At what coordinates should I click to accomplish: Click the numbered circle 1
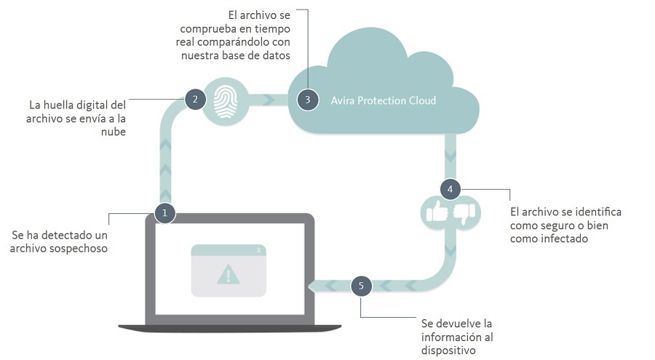[x=164, y=213]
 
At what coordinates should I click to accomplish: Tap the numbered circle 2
[x=194, y=100]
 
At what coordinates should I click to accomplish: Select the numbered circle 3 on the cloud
[x=308, y=100]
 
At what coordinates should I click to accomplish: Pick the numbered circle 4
[x=450, y=189]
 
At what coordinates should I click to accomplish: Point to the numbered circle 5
[x=361, y=286]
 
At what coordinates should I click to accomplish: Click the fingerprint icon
[x=227, y=100]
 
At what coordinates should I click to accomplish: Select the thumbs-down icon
[x=463, y=212]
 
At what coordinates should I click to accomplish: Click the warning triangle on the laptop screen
[x=228, y=275]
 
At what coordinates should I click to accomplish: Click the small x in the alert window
[x=258, y=250]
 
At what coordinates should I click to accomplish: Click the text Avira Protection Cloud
[x=384, y=100]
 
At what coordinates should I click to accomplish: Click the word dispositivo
[x=449, y=351]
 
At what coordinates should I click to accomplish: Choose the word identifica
[x=595, y=212]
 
